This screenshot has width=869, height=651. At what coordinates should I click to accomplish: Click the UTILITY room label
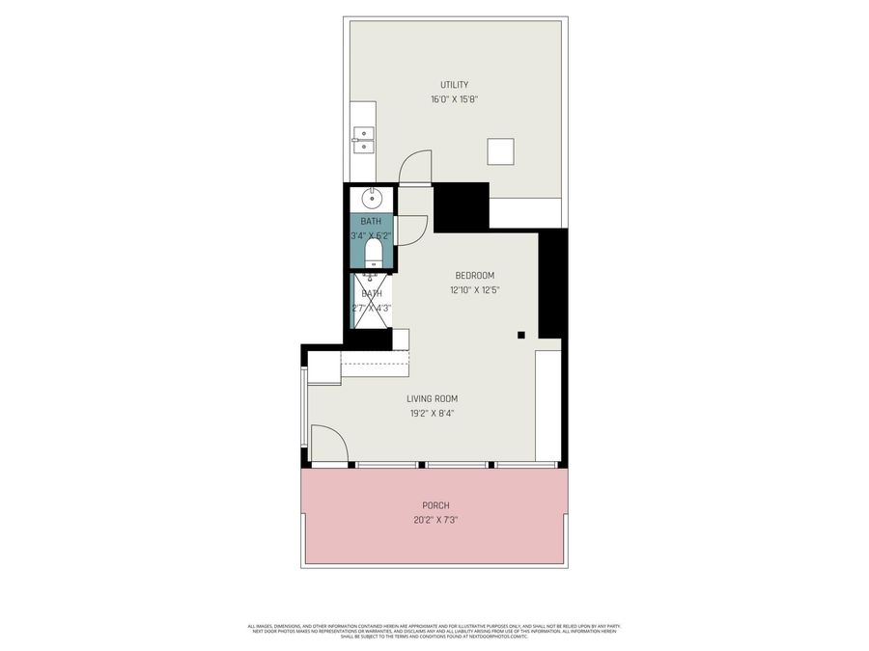click(455, 85)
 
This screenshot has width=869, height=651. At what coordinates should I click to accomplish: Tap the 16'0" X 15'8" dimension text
click(455, 99)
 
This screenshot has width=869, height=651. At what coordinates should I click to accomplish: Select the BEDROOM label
click(475, 276)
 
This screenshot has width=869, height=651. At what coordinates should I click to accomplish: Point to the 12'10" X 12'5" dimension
click(475, 290)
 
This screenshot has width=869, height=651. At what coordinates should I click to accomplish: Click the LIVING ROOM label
click(432, 398)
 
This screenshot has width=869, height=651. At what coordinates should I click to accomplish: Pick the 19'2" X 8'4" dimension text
click(432, 413)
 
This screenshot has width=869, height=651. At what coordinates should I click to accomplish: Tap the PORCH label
click(435, 505)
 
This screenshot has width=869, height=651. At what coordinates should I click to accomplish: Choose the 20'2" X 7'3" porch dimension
click(435, 520)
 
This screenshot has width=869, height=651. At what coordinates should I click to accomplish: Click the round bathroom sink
click(372, 200)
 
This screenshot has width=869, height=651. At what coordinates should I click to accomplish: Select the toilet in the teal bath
click(373, 253)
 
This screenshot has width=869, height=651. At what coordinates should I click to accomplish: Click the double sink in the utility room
click(363, 141)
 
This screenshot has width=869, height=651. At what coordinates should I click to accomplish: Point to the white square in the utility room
click(500, 152)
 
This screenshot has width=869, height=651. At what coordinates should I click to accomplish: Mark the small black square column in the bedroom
click(520, 335)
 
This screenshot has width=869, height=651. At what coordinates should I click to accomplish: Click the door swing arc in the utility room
click(415, 166)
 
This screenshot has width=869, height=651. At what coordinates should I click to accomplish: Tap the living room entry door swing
click(329, 444)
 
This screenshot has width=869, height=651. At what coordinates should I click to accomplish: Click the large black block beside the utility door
click(462, 205)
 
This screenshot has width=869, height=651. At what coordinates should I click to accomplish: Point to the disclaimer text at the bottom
click(434, 630)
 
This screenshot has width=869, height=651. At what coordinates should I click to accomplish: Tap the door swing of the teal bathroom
click(412, 228)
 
